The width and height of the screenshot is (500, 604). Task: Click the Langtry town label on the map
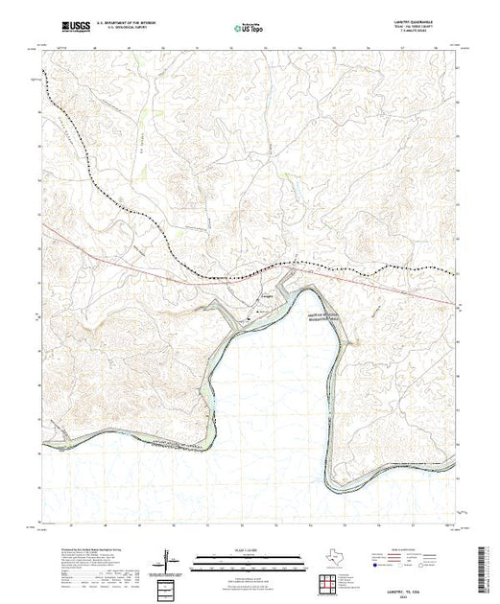click(x=268, y=297)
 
